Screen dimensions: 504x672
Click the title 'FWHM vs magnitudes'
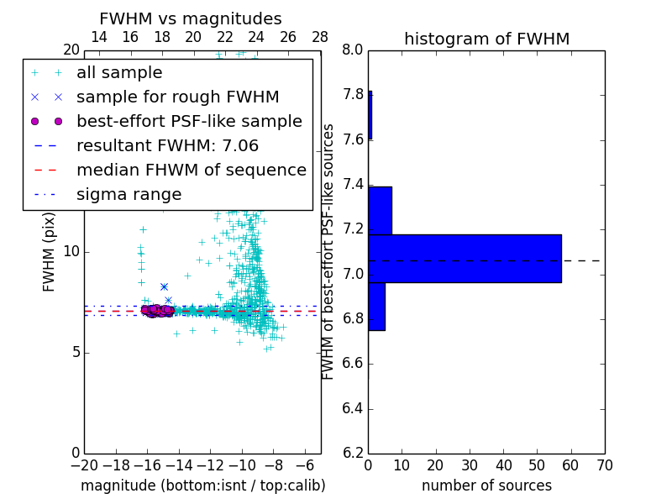(191, 19)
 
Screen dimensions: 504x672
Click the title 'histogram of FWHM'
(486, 39)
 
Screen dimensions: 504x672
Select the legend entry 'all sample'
(119, 73)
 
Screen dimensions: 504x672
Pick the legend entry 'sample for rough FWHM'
(177, 97)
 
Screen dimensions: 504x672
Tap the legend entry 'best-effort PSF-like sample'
(189, 122)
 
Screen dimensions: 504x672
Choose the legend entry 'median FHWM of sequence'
(191, 171)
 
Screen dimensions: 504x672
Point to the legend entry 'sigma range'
(129, 195)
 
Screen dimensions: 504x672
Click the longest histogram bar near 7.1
(465, 258)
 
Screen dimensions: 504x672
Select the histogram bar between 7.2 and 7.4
(380, 210)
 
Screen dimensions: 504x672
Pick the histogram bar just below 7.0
(376, 306)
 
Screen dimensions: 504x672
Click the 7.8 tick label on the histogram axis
(352, 95)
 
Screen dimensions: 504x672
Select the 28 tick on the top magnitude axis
(320, 37)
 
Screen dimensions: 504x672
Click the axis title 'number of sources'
(486, 486)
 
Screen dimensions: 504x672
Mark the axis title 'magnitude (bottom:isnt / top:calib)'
(202, 486)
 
